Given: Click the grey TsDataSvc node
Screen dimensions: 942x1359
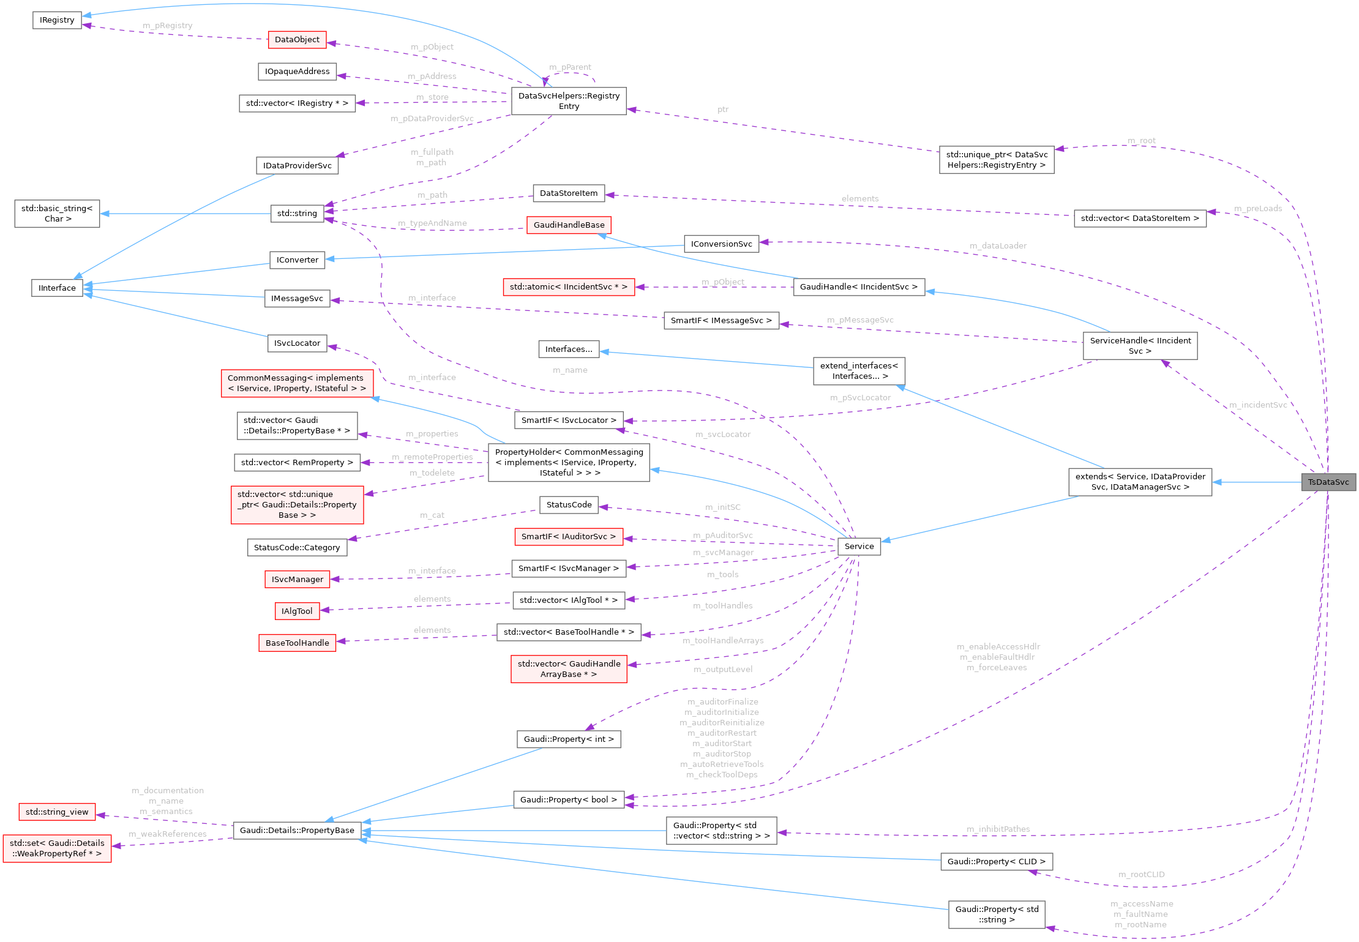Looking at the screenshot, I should click(x=1328, y=482).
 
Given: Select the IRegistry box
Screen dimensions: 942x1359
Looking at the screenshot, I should click(x=57, y=20).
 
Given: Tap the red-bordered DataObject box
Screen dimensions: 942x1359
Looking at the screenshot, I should click(x=297, y=40).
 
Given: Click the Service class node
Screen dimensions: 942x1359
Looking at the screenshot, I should click(x=859, y=547).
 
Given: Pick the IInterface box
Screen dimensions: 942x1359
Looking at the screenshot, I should click(x=57, y=288).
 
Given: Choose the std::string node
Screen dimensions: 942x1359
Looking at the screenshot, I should click(x=297, y=214).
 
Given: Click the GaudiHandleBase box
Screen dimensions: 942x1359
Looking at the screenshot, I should click(x=569, y=225).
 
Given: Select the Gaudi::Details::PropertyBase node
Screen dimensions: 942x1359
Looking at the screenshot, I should click(x=297, y=831).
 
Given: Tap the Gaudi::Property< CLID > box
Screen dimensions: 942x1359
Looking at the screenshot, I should click(x=996, y=862).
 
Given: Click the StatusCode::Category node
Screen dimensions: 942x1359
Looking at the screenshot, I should click(x=297, y=548).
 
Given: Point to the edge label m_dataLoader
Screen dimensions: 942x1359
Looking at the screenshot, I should click(x=998, y=246).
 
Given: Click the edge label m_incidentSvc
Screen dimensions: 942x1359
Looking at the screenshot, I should click(x=1258, y=405).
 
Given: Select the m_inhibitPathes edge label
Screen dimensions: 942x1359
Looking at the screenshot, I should click(x=998, y=829).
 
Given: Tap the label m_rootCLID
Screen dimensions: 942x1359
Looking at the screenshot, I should click(x=1141, y=875).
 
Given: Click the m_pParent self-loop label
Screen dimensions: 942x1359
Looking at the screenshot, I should click(x=570, y=67).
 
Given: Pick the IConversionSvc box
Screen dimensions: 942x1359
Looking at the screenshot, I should click(x=721, y=244).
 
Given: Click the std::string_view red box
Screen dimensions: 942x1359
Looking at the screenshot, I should click(x=57, y=812).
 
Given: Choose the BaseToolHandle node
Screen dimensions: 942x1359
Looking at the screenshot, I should click(x=297, y=643).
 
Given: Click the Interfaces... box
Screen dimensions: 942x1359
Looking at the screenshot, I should click(x=569, y=350).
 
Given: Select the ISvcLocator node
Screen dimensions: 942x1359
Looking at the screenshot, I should click(x=297, y=343).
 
